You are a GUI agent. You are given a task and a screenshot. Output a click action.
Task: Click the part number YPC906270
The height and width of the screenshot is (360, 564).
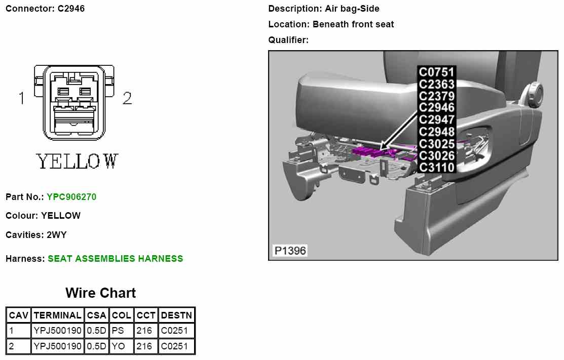[x=71, y=196]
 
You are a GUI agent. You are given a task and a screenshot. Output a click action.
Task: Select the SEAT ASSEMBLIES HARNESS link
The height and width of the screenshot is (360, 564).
[x=115, y=259]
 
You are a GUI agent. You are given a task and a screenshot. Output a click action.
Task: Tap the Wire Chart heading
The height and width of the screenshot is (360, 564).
[x=100, y=293]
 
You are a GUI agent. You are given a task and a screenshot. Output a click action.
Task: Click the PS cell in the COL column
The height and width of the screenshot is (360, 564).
[x=117, y=331]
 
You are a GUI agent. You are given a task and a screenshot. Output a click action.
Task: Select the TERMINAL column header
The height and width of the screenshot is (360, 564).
[x=57, y=315]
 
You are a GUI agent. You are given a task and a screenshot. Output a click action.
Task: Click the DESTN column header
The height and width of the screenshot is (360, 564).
[x=176, y=315]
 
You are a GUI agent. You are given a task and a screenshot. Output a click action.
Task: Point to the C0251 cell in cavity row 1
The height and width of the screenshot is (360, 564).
[x=174, y=331]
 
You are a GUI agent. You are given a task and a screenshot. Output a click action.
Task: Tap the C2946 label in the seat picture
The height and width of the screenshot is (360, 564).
[x=436, y=107]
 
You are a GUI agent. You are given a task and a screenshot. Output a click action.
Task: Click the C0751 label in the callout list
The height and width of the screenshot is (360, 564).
[x=436, y=72]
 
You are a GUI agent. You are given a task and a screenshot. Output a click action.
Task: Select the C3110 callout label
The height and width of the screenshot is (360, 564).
[x=436, y=167]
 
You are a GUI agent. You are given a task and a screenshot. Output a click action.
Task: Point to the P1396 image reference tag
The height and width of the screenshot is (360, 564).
[x=290, y=251]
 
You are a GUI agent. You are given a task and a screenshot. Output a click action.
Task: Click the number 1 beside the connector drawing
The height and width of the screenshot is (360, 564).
[x=21, y=98]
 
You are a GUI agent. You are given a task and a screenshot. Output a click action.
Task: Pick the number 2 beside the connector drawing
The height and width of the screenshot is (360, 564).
[x=127, y=98]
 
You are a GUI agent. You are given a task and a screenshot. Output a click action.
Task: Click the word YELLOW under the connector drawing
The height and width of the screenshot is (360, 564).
[x=77, y=162]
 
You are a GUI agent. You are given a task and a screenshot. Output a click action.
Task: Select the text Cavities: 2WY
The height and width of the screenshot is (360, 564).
[x=36, y=235]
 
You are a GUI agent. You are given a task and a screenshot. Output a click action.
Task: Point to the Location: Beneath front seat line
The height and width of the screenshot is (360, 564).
[x=331, y=24]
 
